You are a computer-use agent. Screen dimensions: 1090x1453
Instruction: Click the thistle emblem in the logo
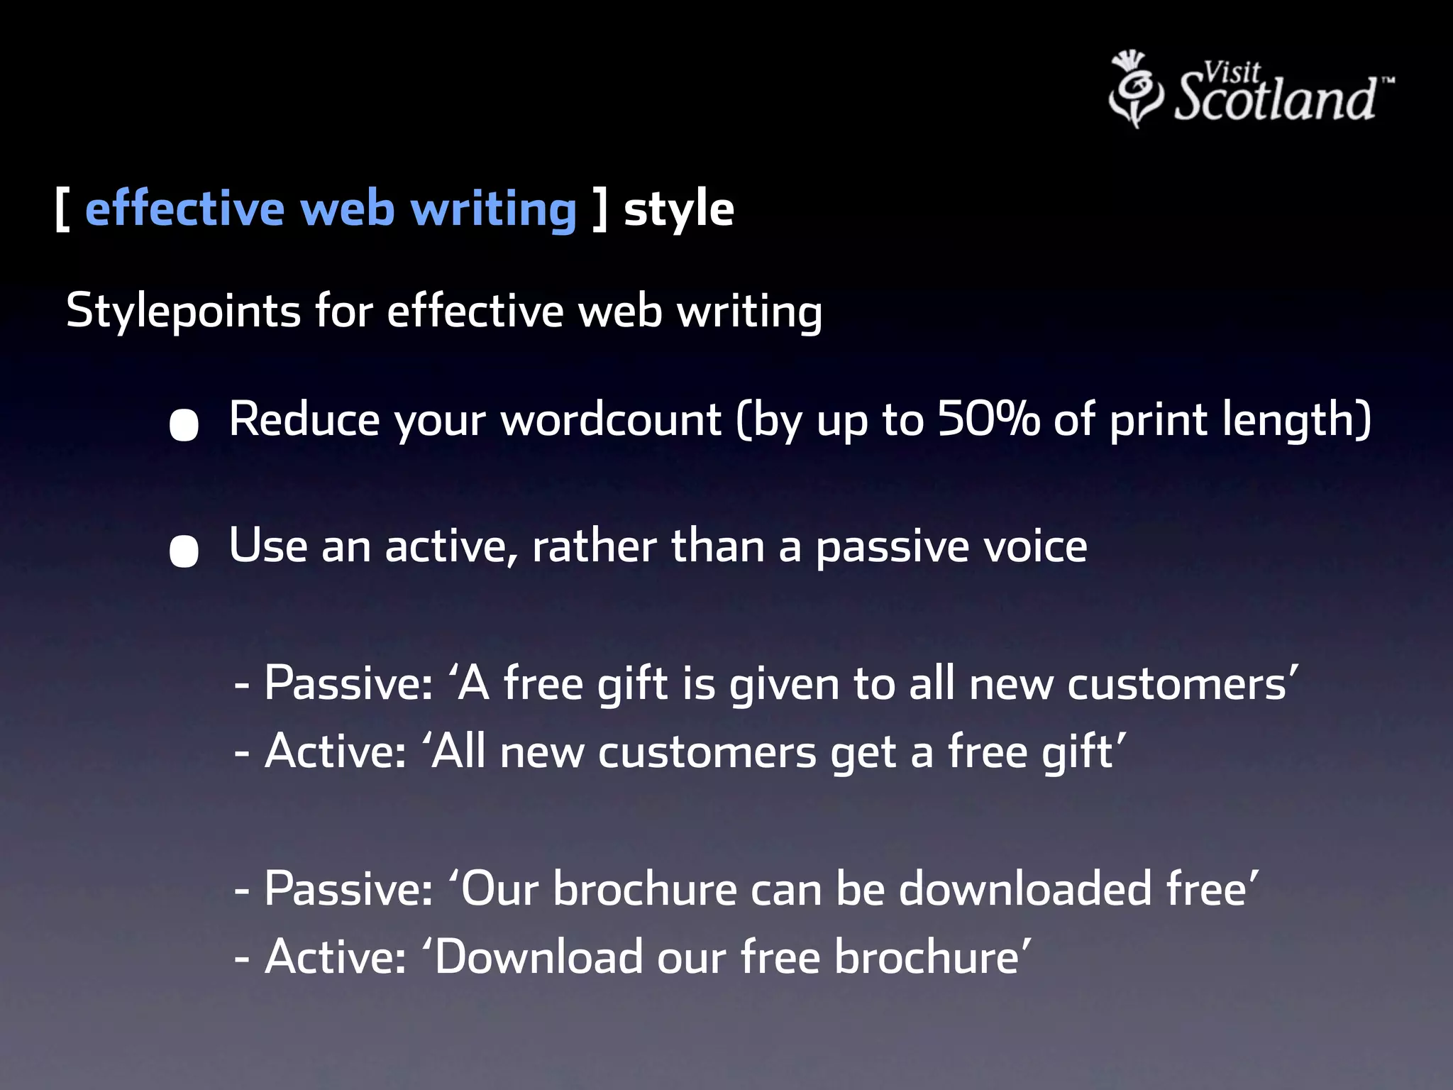1135,89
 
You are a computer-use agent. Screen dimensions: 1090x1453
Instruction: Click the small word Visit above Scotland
1231,72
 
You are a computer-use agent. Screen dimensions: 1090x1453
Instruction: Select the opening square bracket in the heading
62,210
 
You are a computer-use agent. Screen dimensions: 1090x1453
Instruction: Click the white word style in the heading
678,210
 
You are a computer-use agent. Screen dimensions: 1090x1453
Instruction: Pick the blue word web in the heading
347,210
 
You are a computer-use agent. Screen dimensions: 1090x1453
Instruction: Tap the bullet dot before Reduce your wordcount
184,425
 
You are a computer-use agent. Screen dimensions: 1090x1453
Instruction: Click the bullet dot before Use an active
184,551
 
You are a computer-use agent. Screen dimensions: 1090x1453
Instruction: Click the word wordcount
611,420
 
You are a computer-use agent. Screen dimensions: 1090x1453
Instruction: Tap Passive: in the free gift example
348,684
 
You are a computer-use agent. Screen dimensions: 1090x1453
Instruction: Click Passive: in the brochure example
348,889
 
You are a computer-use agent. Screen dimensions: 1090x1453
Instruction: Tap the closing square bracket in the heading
600,210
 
